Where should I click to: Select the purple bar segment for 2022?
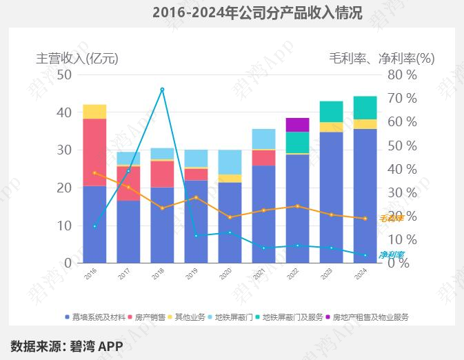tap(297, 125)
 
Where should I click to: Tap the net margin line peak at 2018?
tap(162, 90)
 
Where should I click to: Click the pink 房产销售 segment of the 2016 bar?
tap(94, 152)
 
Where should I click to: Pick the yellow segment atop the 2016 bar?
tap(94, 112)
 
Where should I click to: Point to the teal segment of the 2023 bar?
tap(331, 112)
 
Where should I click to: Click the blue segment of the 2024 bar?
tap(365, 196)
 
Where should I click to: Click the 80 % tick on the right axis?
tap(402, 74)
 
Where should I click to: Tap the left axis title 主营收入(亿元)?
tap(77, 59)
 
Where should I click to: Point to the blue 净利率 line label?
tap(392, 255)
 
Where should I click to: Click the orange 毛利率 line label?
tap(391, 219)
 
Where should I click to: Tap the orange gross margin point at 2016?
tap(94, 172)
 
